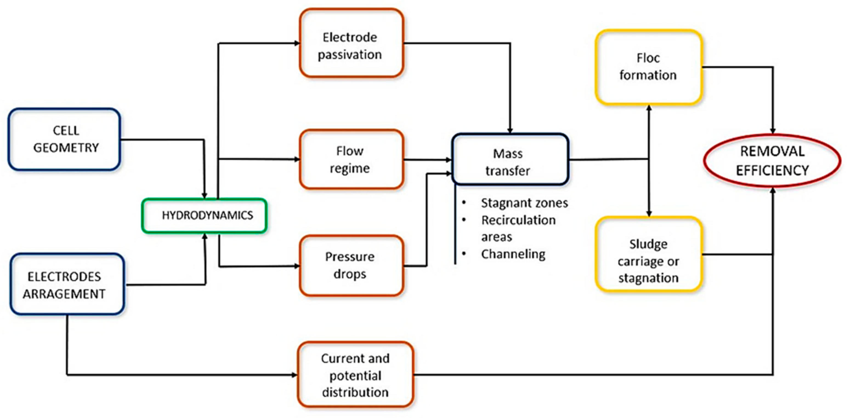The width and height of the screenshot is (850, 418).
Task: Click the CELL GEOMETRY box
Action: click(x=64, y=139)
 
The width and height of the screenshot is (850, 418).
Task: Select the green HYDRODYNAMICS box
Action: click(x=204, y=216)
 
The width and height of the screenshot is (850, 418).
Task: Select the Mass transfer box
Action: click(x=510, y=159)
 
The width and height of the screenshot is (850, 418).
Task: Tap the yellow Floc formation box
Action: click(x=648, y=67)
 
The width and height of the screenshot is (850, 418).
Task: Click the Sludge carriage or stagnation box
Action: click(x=648, y=254)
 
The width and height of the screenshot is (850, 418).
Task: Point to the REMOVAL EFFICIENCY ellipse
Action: click(x=772, y=161)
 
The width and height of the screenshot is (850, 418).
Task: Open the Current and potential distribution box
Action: click(x=355, y=375)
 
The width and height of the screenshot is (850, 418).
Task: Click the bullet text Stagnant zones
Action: click(x=524, y=203)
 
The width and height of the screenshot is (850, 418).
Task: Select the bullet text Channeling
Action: click(x=513, y=254)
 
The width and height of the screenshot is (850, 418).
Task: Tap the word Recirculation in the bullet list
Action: click(x=518, y=220)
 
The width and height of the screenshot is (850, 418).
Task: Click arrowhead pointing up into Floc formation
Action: click(x=649, y=108)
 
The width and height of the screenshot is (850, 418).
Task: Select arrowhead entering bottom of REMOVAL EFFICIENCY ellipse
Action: click(x=772, y=191)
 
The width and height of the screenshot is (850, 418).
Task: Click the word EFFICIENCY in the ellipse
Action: click(x=772, y=171)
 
